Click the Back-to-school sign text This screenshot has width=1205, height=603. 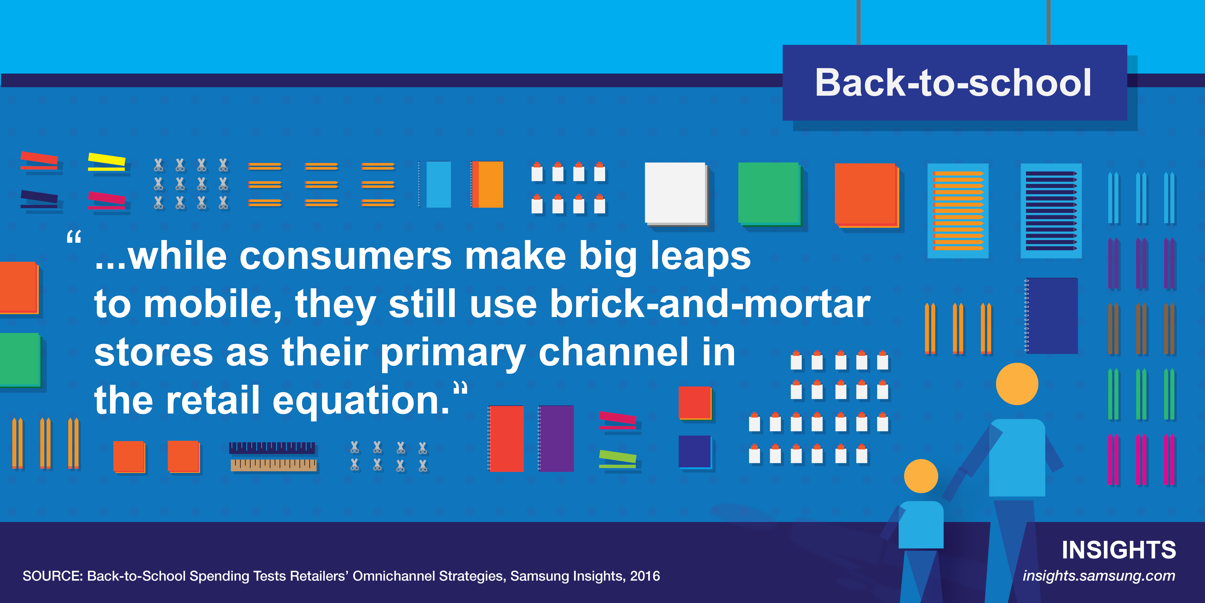953,83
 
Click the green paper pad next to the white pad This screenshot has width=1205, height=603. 769,194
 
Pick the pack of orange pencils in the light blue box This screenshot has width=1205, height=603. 958,211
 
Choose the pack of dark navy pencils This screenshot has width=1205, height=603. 1051,211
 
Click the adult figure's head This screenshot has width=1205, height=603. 1017,384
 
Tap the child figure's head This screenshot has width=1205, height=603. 921,476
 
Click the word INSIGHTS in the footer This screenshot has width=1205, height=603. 1118,550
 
